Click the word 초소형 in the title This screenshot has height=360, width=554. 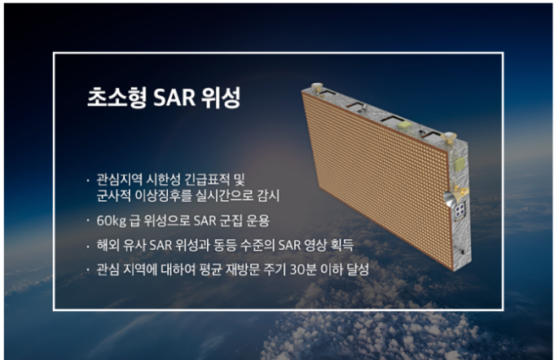pyautogui.click(x=117, y=97)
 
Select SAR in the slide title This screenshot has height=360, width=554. pyautogui.click(x=174, y=98)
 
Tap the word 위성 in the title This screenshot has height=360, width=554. pyautogui.click(x=221, y=97)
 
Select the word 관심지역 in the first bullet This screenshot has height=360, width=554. pyautogui.click(x=119, y=179)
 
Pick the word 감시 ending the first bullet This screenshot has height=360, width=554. pyautogui.click(x=268, y=195)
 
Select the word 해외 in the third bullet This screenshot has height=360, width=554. pyautogui.click(x=108, y=245)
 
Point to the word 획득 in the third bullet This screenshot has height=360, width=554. pyautogui.click(x=342, y=245)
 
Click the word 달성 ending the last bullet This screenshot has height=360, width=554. pyautogui.click(x=358, y=270)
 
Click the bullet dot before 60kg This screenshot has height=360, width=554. pyautogui.click(x=88, y=222)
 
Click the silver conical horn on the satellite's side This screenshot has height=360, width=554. pyautogui.click(x=449, y=200)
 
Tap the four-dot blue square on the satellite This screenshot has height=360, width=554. pyautogui.click(x=460, y=210)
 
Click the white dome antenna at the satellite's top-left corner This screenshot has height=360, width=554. pyautogui.click(x=317, y=86)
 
